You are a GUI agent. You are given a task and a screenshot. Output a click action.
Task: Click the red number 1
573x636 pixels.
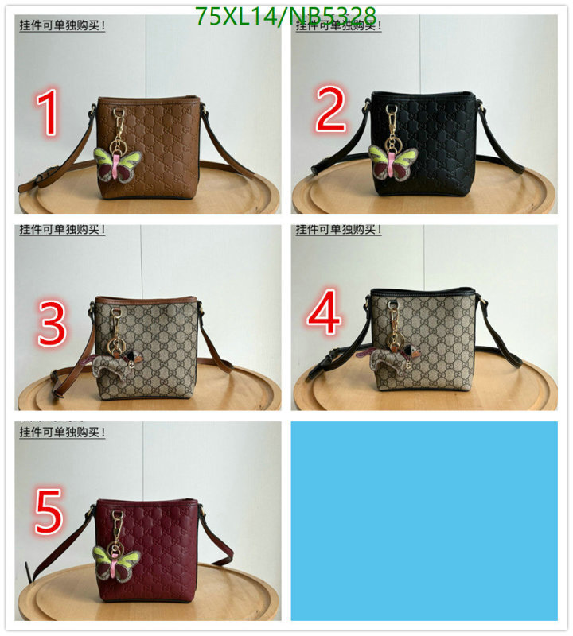click(50, 114)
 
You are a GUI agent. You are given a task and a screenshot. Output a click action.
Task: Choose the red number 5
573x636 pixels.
click(48, 511)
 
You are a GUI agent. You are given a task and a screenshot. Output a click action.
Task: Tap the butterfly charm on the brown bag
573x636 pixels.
click(117, 166)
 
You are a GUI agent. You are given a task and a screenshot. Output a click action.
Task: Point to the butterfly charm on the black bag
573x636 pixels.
click(391, 163)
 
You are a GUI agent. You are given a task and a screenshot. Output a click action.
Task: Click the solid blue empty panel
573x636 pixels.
click(424, 520)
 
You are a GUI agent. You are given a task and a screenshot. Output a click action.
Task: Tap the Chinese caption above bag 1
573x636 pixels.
click(62, 25)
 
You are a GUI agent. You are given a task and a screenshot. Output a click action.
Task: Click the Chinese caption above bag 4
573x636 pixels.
click(339, 230)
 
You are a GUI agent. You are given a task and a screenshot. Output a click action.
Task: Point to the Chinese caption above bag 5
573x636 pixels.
click(62, 432)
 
